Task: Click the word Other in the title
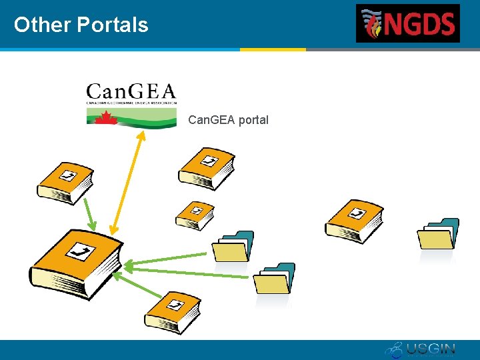coord(41,25)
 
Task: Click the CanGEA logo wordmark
coord(131,91)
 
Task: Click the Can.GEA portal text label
coord(228,120)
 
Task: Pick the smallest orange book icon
coord(195,215)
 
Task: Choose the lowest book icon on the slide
coord(173,311)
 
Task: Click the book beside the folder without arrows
coord(354,221)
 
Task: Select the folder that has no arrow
coord(437,234)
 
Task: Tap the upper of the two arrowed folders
coord(233,247)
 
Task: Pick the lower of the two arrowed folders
coord(274,279)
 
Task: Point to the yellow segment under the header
coord(273,49)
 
